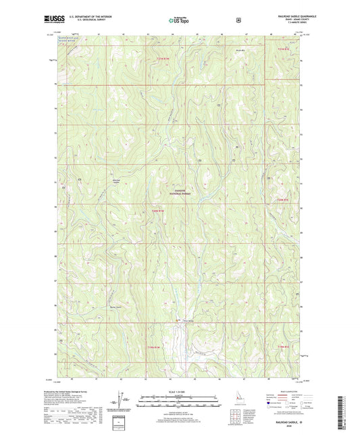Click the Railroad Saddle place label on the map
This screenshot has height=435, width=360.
(x=116, y=182)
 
